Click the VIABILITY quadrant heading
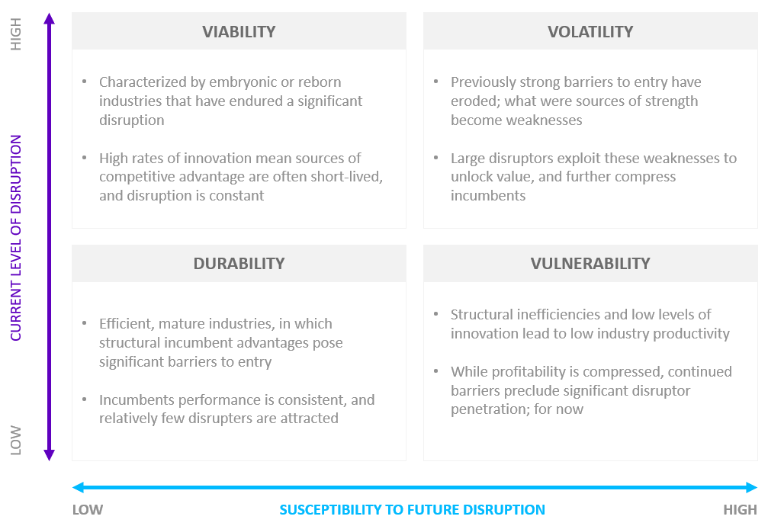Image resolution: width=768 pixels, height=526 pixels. click(239, 32)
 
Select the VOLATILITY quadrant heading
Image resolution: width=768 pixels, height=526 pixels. click(590, 32)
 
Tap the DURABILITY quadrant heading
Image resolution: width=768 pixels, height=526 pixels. click(239, 264)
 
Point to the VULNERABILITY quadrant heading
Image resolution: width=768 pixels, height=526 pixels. click(590, 264)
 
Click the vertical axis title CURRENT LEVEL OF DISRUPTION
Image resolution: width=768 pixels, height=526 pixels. click(16, 238)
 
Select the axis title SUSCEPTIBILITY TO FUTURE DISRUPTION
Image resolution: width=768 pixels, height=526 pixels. click(412, 510)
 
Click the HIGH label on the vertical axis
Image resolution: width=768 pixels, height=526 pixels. click(16, 34)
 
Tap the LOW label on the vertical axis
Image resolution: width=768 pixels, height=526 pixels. click(16, 441)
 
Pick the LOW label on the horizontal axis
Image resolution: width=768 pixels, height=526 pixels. click(88, 510)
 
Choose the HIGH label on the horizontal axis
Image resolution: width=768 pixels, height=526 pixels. click(740, 510)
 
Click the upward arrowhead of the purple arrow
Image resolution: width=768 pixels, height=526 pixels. click(49, 18)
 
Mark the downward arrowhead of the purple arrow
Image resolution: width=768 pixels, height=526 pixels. click(49, 455)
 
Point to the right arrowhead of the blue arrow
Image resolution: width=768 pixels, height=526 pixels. click(752, 487)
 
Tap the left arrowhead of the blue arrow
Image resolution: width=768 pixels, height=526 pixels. click(78, 487)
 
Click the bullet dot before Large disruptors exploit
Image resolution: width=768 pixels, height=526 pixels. click(436, 157)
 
